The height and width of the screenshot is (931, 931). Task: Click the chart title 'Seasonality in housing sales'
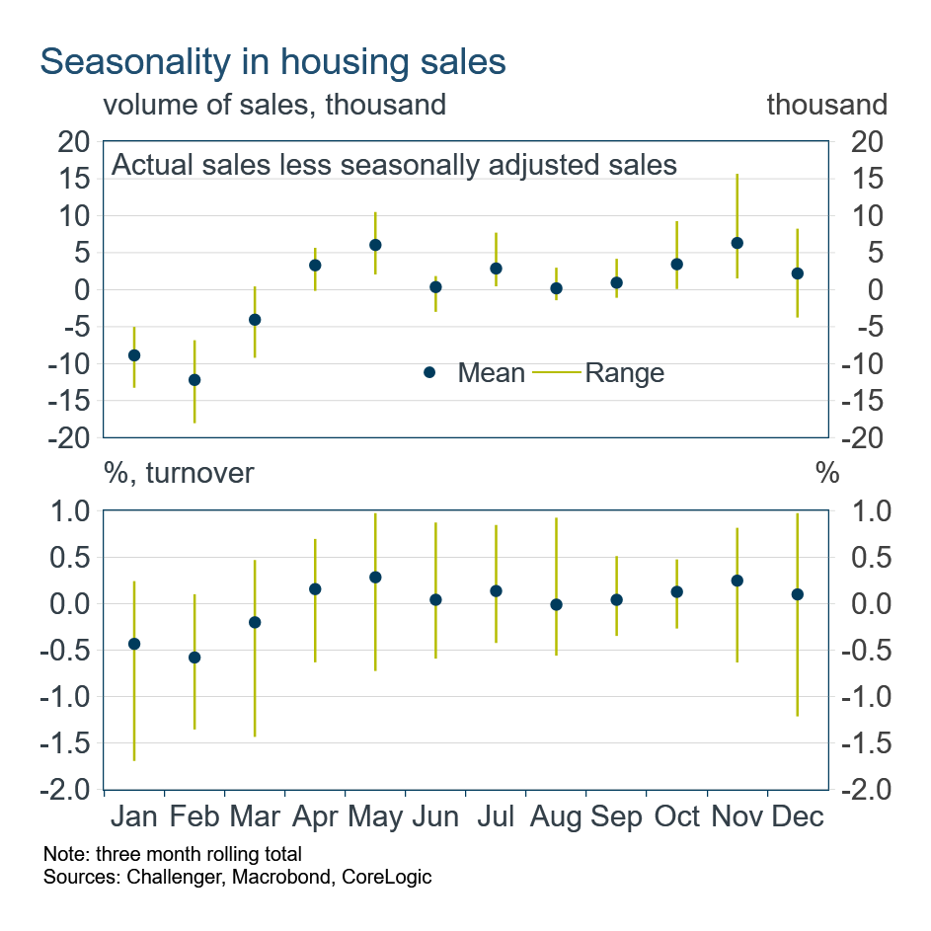click(272, 61)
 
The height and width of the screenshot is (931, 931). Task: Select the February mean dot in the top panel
click(194, 379)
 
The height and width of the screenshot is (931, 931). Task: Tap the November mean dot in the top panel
click(737, 243)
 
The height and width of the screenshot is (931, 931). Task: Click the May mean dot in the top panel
click(375, 245)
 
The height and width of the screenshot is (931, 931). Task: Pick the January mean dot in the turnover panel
click(134, 644)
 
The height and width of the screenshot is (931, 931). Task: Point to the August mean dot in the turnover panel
click(556, 604)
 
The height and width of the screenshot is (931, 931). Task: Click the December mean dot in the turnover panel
click(797, 594)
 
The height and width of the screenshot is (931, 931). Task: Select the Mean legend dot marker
click(429, 372)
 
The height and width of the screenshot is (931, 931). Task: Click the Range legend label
click(624, 373)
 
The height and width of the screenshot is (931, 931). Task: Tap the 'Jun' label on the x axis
click(435, 817)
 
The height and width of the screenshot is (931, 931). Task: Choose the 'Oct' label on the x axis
click(676, 817)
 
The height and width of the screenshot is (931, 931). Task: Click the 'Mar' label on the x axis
click(255, 817)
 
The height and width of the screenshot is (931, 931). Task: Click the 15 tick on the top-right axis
click(859, 179)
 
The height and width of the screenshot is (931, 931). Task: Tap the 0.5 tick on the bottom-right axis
click(860, 558)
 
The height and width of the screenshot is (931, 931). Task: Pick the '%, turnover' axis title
click(179, 473)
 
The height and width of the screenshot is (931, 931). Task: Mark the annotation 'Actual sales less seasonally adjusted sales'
click(394, 164)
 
